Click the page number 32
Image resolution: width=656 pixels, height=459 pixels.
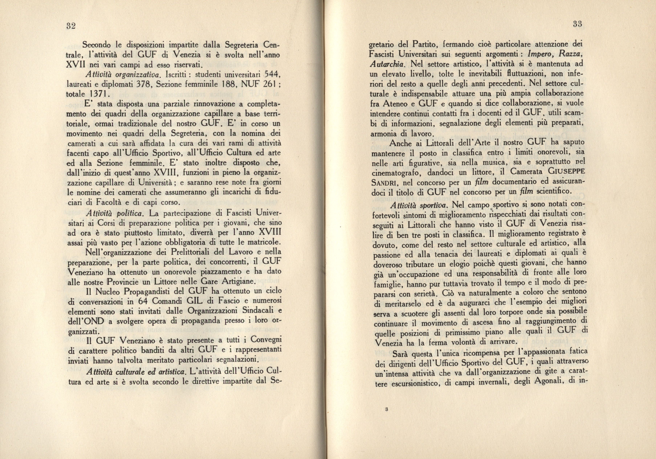point(71,26)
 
